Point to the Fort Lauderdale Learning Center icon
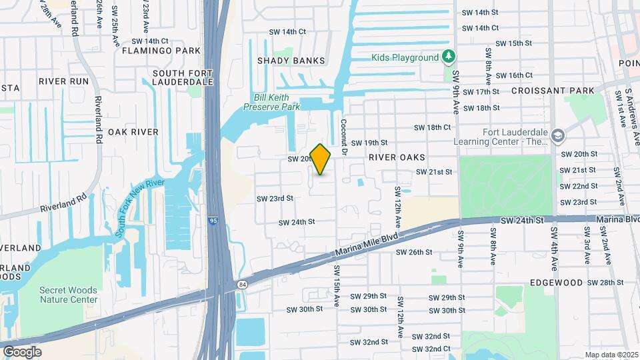pyautogui.click(x=557, y=136)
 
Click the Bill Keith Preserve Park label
pyautogui.click(x=272, y=101)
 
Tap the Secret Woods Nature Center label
pyautogui.click(x=68, y=295)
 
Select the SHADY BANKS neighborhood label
pyautogui.click(x=291, y=61)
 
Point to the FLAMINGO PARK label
pyautogui.click(x=161, y=51)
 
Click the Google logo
pyautogui.click(x=22, y=351)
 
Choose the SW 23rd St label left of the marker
pyautogui.click(x=275, y=199)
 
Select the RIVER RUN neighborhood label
pyautogui.click(x=63, y=81)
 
